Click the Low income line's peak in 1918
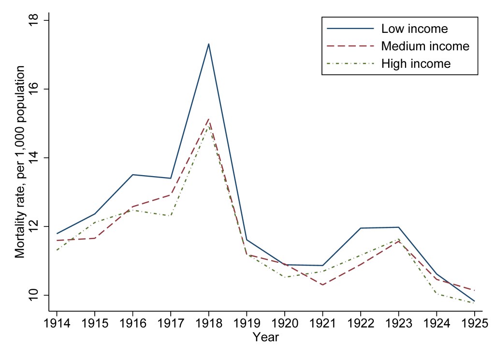pyautogui.click(x=208, y=44)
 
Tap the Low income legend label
pyautogui.click(x=414, y=29)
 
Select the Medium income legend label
pyautogui.click(x=425, y=46)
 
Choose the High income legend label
pyautogui.click(x=416, y=63)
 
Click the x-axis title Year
pyautogui.click(x=265, y=336)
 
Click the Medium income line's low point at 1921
pyautogui.click(x=322, y=285)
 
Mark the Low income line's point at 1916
pyautogui.click(x=132, y=175)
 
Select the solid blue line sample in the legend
pyautogui.click(x=350, y=29)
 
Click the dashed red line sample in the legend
pyautogui.click(x=350, y=46)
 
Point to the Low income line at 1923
pyautogui.click(x=398, y=227)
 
